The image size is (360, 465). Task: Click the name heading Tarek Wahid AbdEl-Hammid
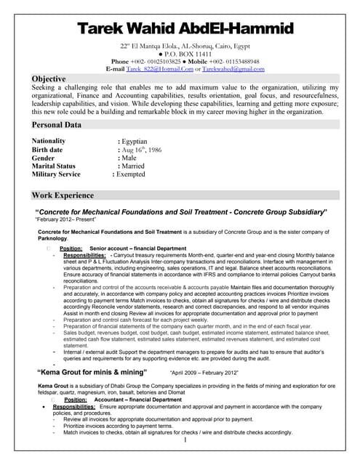185,29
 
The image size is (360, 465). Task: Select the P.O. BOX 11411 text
187,54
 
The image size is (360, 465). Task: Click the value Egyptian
134,141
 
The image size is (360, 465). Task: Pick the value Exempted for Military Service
133,174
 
